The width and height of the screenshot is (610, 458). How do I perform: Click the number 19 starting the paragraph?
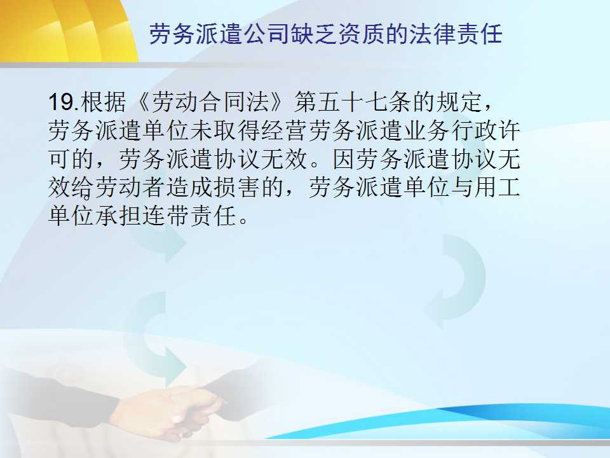[x=62, y=102]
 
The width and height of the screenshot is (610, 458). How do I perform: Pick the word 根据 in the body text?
[x=104, y=102]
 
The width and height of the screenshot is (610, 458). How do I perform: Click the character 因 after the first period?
[x=344, y=159]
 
